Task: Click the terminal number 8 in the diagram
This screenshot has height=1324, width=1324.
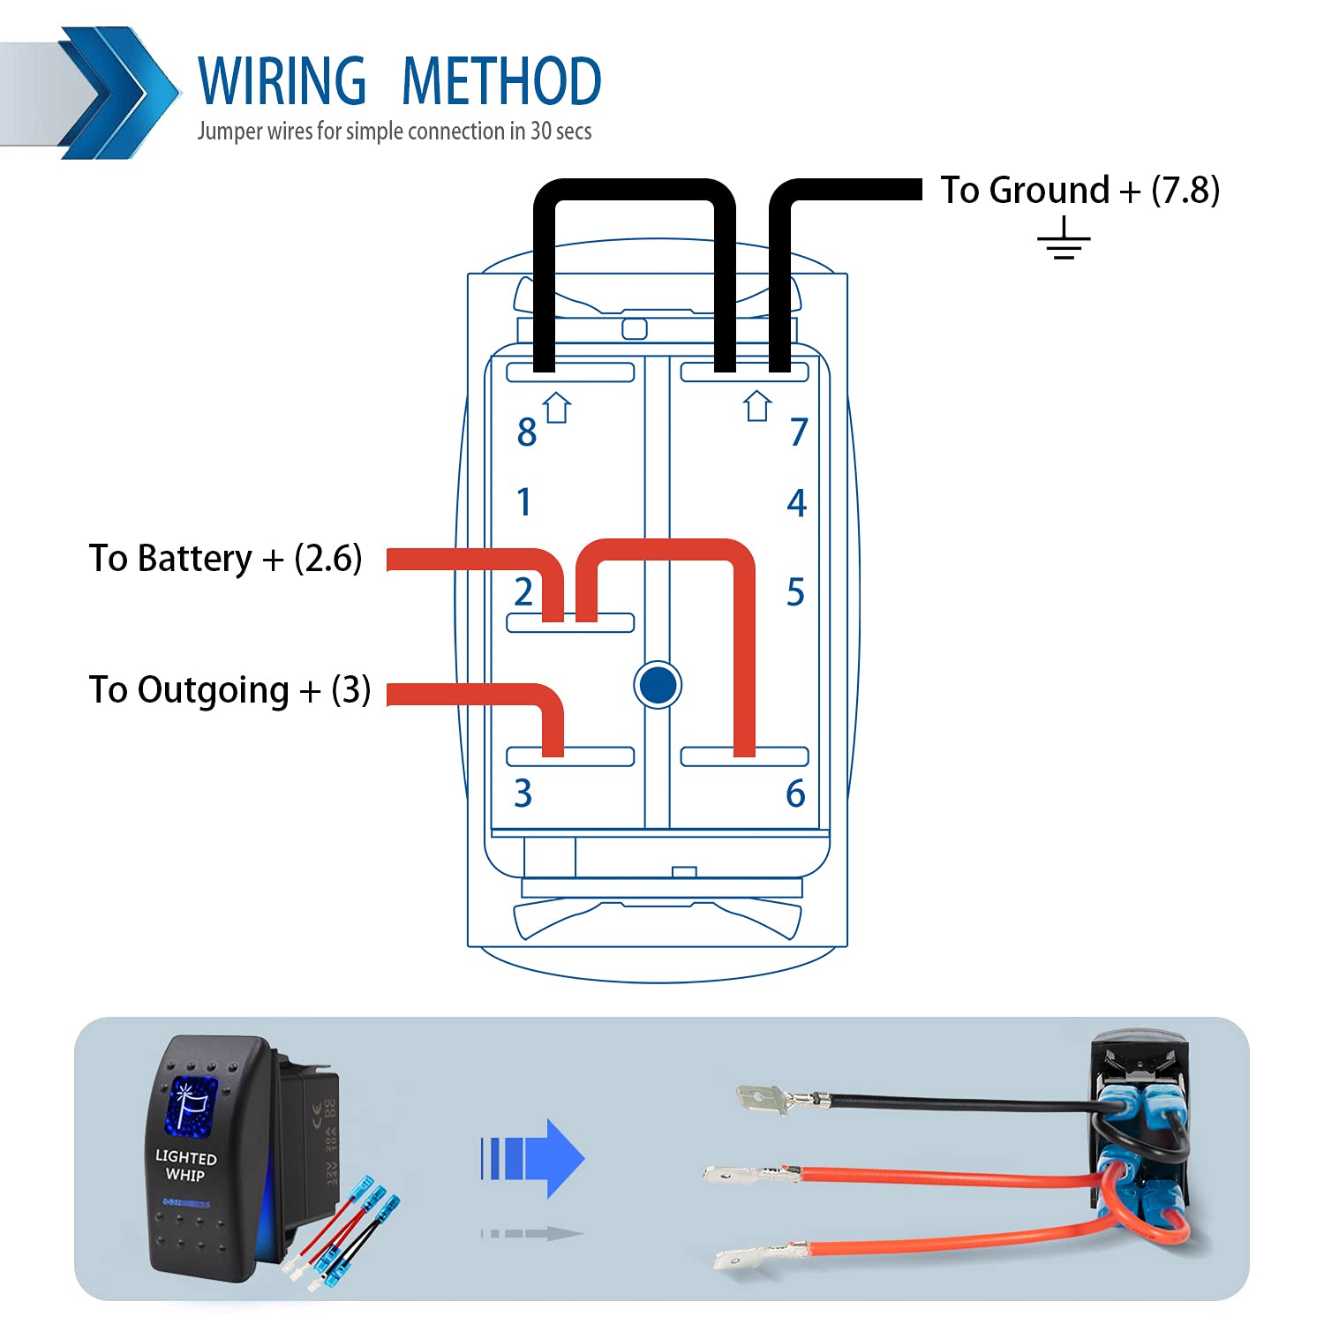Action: (x=527, y=433)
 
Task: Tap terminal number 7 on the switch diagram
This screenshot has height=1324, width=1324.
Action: (x=799, y=432)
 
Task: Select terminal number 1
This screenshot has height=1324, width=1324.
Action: (x=524, y=501)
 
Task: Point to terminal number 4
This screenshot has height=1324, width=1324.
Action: (x=796, y=503)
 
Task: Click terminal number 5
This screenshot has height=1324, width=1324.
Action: (x=795, y=592)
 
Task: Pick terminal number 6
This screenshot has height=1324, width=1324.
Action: (x=795, y=794)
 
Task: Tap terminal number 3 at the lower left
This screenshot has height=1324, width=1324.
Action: (x=523, y=794)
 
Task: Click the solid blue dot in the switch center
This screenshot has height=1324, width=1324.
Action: (x=658, y=684)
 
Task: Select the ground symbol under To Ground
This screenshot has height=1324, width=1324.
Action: (x=1064, y=239)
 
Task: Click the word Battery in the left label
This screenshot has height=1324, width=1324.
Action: (x=195, y=559)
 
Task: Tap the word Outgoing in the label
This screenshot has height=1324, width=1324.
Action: (x=213, y=690)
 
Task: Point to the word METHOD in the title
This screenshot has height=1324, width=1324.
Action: (x=501, y=81)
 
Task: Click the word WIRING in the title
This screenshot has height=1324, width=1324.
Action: (x=282, y=81)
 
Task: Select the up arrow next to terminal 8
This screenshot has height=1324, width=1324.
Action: (x=557, y=408)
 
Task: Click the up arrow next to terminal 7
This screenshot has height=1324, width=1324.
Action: (x=757, y=406)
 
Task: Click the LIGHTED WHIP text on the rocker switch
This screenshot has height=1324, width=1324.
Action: (x=185, y=1165)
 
